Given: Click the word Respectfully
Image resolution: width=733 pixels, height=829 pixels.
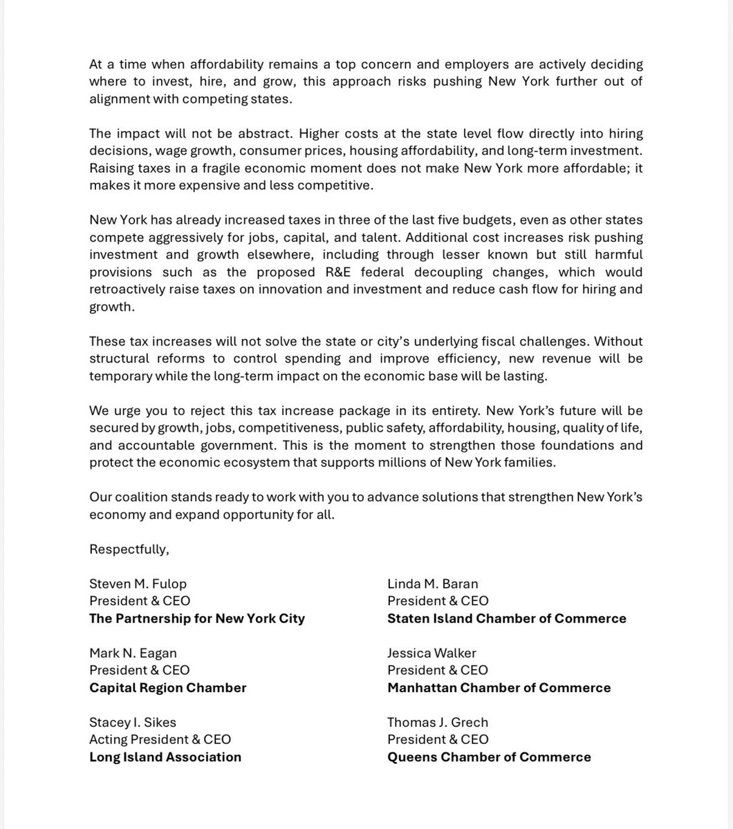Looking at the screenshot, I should point(129,549).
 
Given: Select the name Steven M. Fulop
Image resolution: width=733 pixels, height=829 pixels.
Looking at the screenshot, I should point(138,584).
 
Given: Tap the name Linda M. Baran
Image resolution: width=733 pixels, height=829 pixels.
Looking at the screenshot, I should point(433,584).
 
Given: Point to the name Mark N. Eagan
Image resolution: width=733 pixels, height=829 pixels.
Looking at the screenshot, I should point(133,653).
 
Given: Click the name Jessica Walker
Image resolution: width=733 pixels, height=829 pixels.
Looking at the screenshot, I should point(432,653).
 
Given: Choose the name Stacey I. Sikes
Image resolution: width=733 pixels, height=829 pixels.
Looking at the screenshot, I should point(133,722).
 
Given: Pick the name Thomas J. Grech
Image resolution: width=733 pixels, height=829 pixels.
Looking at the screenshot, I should point(438,722).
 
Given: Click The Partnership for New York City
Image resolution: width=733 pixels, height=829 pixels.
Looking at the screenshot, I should point(197,618).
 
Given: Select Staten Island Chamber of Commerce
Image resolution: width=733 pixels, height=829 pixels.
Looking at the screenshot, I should point(507,618).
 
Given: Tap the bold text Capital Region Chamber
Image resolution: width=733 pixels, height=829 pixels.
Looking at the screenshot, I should point(168,687).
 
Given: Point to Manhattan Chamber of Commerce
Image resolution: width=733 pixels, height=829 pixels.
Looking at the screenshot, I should point(499,687).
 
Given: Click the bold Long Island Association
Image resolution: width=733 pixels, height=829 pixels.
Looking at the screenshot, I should point(165,756).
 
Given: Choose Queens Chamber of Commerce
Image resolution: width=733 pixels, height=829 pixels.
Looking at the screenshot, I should point(489,756).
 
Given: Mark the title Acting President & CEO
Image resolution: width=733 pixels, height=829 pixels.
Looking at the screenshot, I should point(160,739).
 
